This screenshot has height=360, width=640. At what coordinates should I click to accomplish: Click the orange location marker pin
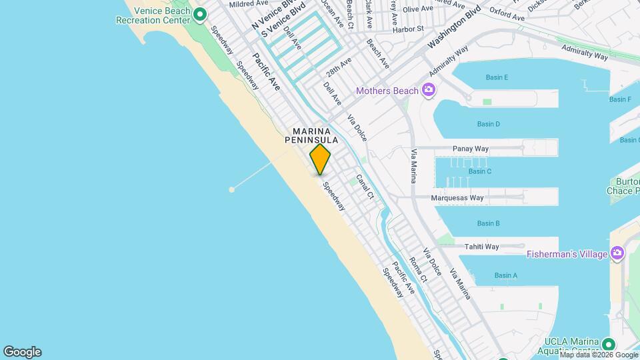[320, 159]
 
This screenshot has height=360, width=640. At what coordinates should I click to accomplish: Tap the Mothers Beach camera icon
[429, 91]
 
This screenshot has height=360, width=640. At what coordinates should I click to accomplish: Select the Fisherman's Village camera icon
[617, 253]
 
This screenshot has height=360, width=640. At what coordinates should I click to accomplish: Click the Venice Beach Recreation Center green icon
[199, 13]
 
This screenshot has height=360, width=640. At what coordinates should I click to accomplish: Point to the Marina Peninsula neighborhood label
[311, 135]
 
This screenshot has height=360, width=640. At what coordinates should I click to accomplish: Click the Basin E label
[497, 77]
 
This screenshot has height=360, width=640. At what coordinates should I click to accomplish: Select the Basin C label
[479, 171]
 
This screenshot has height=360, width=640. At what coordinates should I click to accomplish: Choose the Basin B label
[488, 223]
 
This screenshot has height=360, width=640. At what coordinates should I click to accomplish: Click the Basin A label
[506, 275]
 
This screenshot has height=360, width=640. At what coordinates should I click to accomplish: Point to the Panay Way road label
[471, 148]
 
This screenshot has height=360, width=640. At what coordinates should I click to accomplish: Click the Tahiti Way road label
[482, 247]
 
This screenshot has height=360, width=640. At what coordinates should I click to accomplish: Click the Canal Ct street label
[365, 187]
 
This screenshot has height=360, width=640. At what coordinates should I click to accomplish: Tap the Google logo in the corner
[22, 352]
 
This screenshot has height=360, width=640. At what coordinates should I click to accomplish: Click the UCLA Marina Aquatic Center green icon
[607, 345]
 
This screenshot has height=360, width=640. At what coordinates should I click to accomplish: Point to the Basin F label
[620, 99]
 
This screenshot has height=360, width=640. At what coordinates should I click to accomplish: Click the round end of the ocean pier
[232, 190]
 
